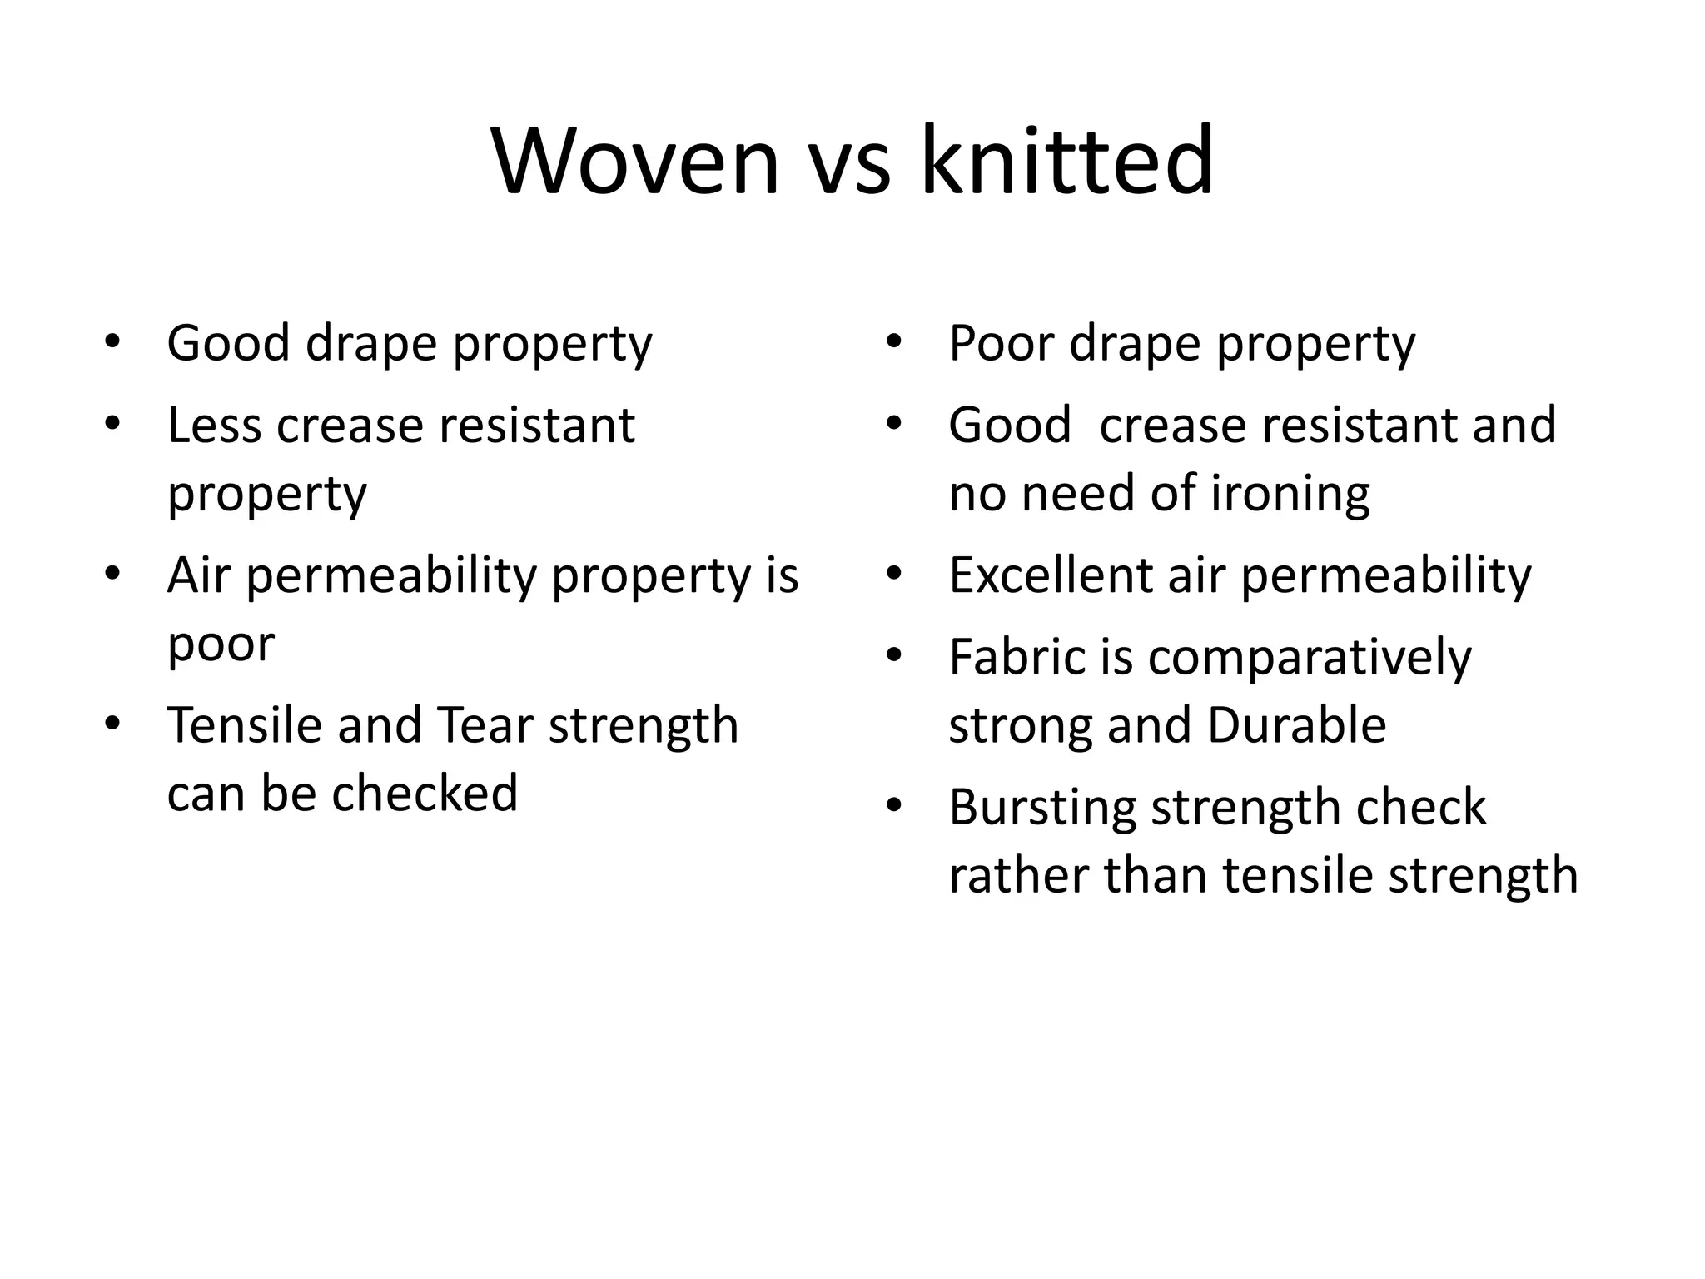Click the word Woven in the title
pos(636,162)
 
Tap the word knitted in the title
pos(1066,162)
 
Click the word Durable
pos(1296,725)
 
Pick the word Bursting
pos(1041,808)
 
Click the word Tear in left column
pos(484,725)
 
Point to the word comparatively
pos(1310,659)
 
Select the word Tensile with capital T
pos(244,725)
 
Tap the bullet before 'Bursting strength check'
pos(894,806)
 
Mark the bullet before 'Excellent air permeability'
pos(894,574)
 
